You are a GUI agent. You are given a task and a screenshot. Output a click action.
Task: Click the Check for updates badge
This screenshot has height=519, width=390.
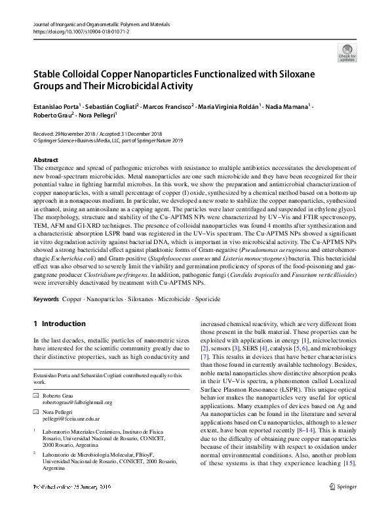tap(347, 52)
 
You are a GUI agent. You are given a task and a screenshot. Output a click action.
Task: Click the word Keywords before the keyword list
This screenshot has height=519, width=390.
tap(47, 299)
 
